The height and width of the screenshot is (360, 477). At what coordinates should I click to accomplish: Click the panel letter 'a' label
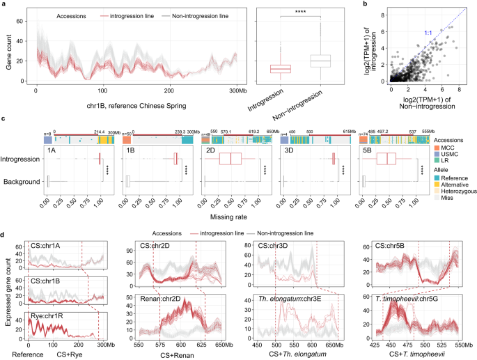point(3,4)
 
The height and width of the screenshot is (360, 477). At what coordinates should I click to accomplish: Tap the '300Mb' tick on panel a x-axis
point(237,91)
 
